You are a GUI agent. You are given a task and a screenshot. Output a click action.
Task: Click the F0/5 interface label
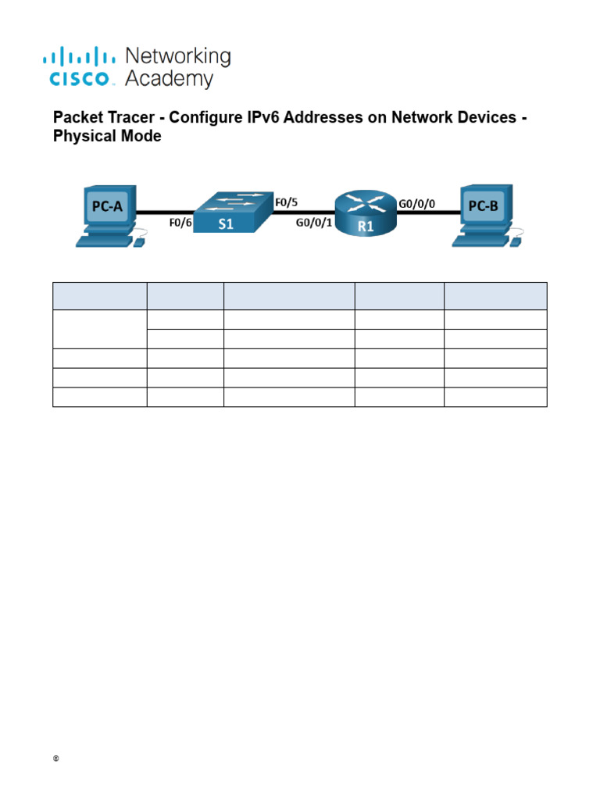coord(287,202)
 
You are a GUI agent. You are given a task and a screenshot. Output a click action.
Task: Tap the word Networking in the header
coord(178,57)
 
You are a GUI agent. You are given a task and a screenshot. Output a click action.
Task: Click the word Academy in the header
coord(169,79)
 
